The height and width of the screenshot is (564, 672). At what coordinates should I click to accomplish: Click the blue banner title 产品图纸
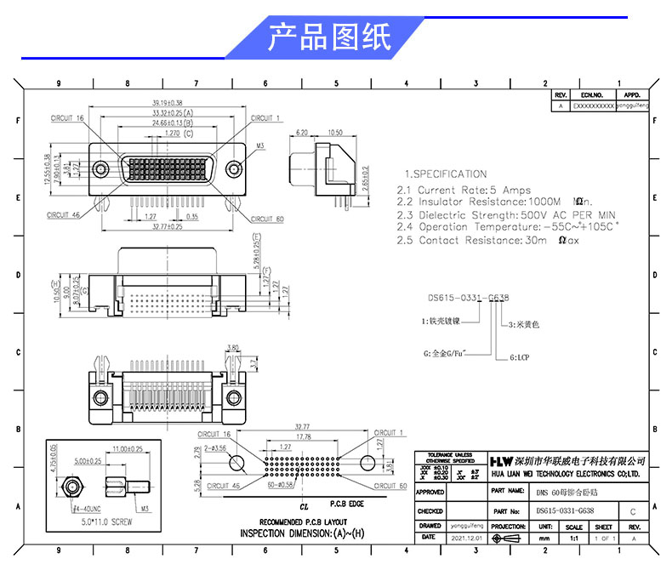pyautogui.click(x=330, y=38)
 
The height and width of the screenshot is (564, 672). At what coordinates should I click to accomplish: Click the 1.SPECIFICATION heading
pyautogui.click(x=445, y=174)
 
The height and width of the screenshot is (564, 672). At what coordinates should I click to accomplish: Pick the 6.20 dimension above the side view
pyautogui.click(x=301, y=133)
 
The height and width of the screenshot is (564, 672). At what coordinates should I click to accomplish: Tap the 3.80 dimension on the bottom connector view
pyautogui.click(x=233, y=347)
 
